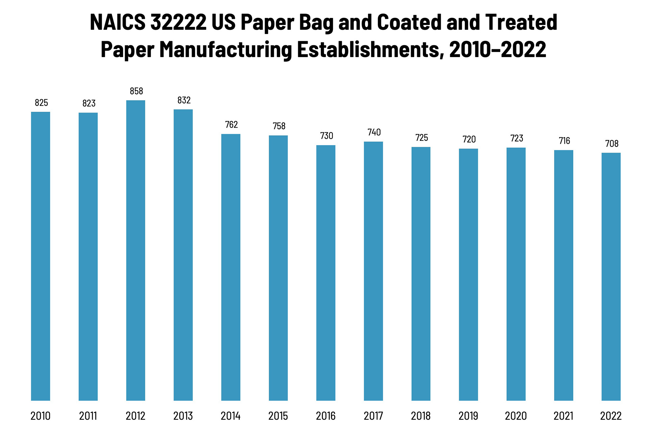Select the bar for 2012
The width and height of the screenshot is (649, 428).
click(136, 250)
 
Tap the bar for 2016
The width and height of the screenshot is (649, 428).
click(326, 273)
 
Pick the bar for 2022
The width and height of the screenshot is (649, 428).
click(611, 276)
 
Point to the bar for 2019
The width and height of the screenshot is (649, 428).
click(468, 274)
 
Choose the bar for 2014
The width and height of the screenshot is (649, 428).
click(231, 267)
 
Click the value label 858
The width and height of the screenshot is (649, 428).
click(137, 91)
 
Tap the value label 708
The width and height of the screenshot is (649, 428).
click(612, 144)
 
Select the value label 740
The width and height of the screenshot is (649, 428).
click(374, 132)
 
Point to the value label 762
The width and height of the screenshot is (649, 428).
click(232, 125)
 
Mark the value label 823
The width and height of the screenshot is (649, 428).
click(89, 103)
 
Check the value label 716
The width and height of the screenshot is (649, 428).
click(564, 141)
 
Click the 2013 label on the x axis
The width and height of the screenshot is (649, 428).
click(183, 416)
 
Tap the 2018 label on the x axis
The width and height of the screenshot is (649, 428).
click(421, 416)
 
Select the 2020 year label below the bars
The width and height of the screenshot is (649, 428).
click(516, 416)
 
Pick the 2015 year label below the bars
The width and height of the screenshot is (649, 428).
click(278, 416)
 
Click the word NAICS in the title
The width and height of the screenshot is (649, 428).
click(118, 22)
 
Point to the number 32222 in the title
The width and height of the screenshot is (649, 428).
click(178, 22)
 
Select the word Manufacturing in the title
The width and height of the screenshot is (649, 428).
click(226, 49)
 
